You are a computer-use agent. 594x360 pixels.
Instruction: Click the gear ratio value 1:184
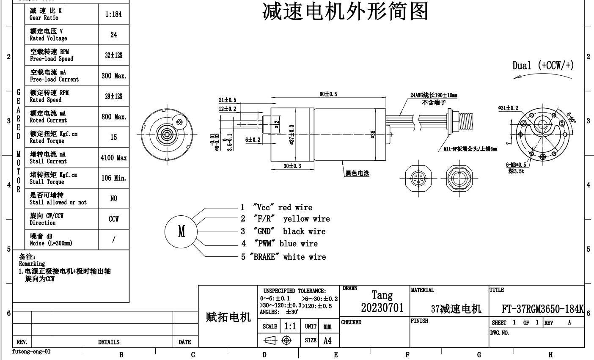[113, 14]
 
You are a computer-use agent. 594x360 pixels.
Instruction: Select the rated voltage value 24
[113, 35]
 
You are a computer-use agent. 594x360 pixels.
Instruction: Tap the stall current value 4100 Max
[113, 158]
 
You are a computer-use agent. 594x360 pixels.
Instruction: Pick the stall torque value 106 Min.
[113, 178]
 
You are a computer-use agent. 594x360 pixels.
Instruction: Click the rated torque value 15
[113, 137]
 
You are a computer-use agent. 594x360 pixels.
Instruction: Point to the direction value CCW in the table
[113, 219]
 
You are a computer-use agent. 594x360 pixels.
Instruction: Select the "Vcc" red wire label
[283, 207]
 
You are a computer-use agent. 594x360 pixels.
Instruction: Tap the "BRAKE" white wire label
[289, 257]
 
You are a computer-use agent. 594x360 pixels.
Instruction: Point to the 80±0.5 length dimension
[328, 94]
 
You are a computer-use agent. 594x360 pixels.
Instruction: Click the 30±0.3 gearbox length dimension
[292, 166]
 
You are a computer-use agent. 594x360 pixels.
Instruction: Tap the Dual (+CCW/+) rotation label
[543, 66]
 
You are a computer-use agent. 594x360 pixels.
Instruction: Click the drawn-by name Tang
[382, 295]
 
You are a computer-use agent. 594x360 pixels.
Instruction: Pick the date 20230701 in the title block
[382, 308]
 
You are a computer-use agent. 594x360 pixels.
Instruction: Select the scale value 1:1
[290, 326]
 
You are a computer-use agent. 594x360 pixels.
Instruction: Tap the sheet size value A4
[327, 341]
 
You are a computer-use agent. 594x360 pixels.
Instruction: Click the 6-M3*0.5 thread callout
[516, 165]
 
